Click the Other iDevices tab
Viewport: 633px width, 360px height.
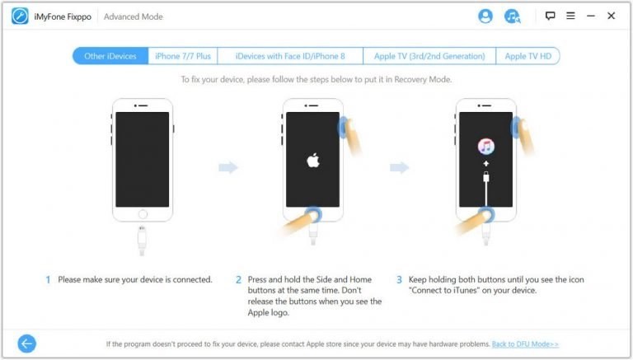click(110, 56)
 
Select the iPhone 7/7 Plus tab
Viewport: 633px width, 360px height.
click(183, 56)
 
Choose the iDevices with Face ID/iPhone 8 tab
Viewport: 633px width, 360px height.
click(290, 56)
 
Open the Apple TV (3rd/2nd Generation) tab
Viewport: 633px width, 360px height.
click(429, 56)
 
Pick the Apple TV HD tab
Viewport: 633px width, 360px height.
click(527, 56)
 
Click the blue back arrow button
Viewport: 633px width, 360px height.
click(27, 344)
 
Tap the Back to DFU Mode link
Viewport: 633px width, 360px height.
click(525, 344)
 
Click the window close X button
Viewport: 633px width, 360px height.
click(612, 16)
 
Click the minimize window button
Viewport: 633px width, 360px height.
click(591, 16)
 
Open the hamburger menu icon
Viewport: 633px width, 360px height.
click(570, 16)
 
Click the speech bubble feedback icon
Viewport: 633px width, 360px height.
click(550, 16)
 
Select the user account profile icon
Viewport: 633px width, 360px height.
click(485, 16)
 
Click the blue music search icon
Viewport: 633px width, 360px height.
click(513, 16)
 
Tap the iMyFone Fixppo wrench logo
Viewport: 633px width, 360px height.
click(20, 16)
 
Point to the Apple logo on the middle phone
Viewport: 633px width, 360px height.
click(313, 160)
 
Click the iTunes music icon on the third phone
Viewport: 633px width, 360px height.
click(486, 147)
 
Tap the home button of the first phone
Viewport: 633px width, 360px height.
click(143, 214)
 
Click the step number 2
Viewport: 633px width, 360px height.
click(238, 280)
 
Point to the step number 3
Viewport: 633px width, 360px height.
click(399, 280)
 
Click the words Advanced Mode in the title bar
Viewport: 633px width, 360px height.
click(134, 16)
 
